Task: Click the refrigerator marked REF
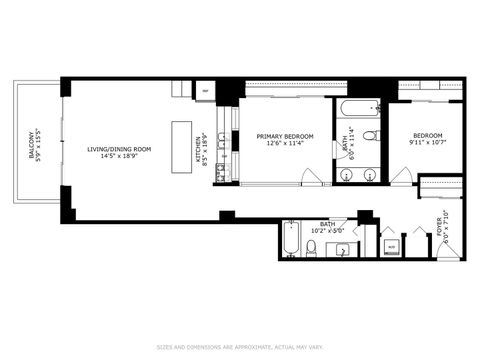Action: tap(206, 91)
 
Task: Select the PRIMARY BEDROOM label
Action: tap(285, 136)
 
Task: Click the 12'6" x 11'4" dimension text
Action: tap(285, 144)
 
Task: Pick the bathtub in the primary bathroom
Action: tap(355, 107)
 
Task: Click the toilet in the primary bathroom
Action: tap(369, 134)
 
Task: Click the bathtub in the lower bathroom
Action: tap(291, 238)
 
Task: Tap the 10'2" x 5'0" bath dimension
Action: tap(328, 231)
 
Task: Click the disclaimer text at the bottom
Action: tap(240, 347)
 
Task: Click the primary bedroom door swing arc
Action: tap(311, 179)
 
